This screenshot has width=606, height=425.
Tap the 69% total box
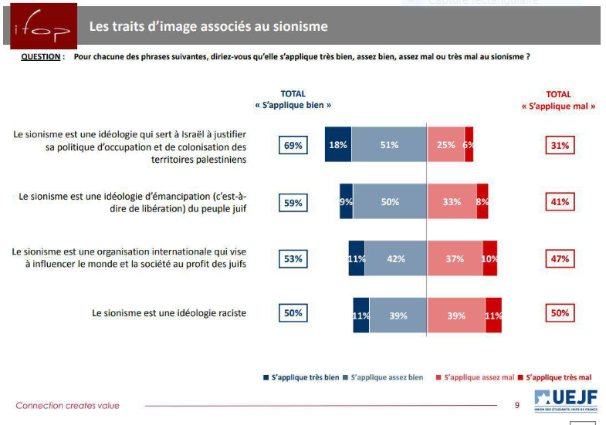[x=293, y=145]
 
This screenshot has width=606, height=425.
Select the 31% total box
[x=560, y=145]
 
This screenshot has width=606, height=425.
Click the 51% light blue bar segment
[x=389, y=145]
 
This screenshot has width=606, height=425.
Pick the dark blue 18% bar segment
[x=337, y=145]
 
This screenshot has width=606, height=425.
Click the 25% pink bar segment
[x=445, y=145]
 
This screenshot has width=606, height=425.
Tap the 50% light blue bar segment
[x=390, y=202]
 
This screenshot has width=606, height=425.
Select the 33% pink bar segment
[x=452, y=202]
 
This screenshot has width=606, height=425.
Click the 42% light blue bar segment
[x=395, y=258]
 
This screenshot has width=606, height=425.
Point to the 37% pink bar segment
[x=455, y=258]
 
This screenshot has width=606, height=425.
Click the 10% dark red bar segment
[x=489, y=258]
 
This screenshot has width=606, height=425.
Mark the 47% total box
[x=560, y=259]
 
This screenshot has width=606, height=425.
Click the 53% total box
[x=293, y=259]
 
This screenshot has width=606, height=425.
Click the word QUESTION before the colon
[x=39, y=57]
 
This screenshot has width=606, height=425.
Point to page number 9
[x=516, y=405]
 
